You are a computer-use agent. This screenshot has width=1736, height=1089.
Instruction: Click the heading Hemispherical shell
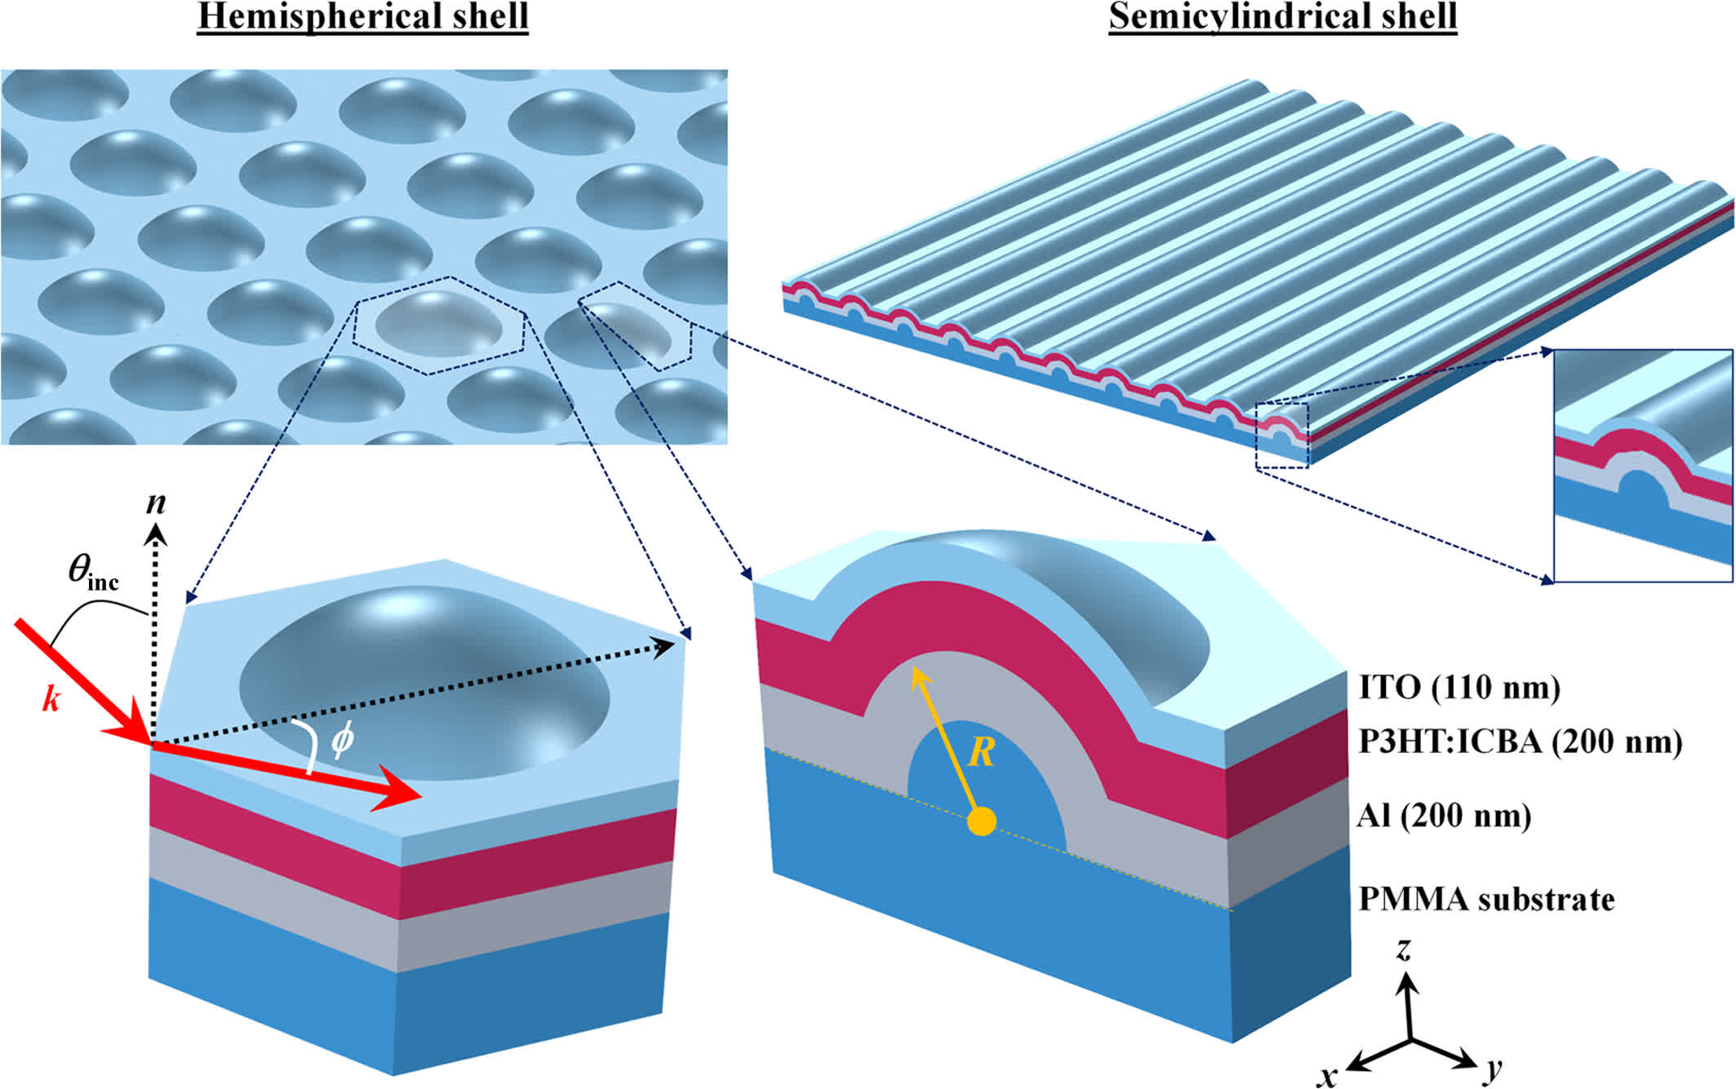(x=363, y=17)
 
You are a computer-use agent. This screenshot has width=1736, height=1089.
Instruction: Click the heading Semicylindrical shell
(x=1282, y=17)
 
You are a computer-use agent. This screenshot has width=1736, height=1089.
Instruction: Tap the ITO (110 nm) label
(x=1459, y=687)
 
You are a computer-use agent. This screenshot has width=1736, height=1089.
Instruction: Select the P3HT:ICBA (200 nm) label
(x=1521, y=741)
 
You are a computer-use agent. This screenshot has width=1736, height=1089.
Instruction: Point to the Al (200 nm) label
(x=1444, y=816)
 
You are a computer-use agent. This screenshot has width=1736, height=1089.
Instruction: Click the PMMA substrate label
(x=1486, y=899)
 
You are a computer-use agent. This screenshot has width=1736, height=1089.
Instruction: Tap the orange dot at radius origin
(x=981, y=821)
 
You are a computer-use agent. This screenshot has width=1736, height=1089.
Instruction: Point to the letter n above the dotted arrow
(x=156, y=502)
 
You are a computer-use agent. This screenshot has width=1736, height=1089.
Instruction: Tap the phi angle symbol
(x=342, y=739)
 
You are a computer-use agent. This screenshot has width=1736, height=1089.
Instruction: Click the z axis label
(x=1404, y=949)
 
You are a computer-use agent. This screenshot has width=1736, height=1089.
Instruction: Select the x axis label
(x=1328, y=1076)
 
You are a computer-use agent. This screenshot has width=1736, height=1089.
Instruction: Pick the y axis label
(x=1493, y=1069)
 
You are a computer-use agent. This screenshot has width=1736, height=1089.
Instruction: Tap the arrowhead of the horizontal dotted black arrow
(x=663, y=648)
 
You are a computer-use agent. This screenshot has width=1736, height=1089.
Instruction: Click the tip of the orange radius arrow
(x=913, y=668)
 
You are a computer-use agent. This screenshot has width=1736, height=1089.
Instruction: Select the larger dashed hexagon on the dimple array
(x=439, y=325)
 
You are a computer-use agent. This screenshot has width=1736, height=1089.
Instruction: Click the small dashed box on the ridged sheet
(x=1282, y=436)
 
